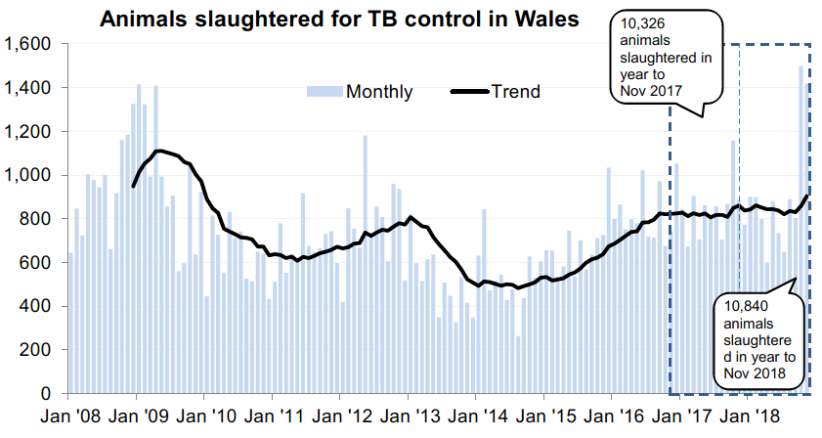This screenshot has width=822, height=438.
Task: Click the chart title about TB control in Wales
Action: tap(339, 19)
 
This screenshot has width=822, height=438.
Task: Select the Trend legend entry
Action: tap(515, 92)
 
